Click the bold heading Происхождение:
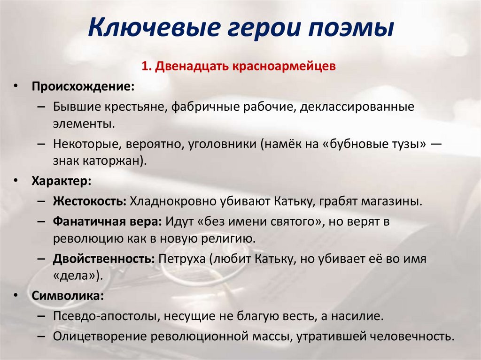point(83,87)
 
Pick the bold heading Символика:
point(67,296)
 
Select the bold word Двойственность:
point(104,259)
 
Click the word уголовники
point(222,144)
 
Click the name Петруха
point(184,259)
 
